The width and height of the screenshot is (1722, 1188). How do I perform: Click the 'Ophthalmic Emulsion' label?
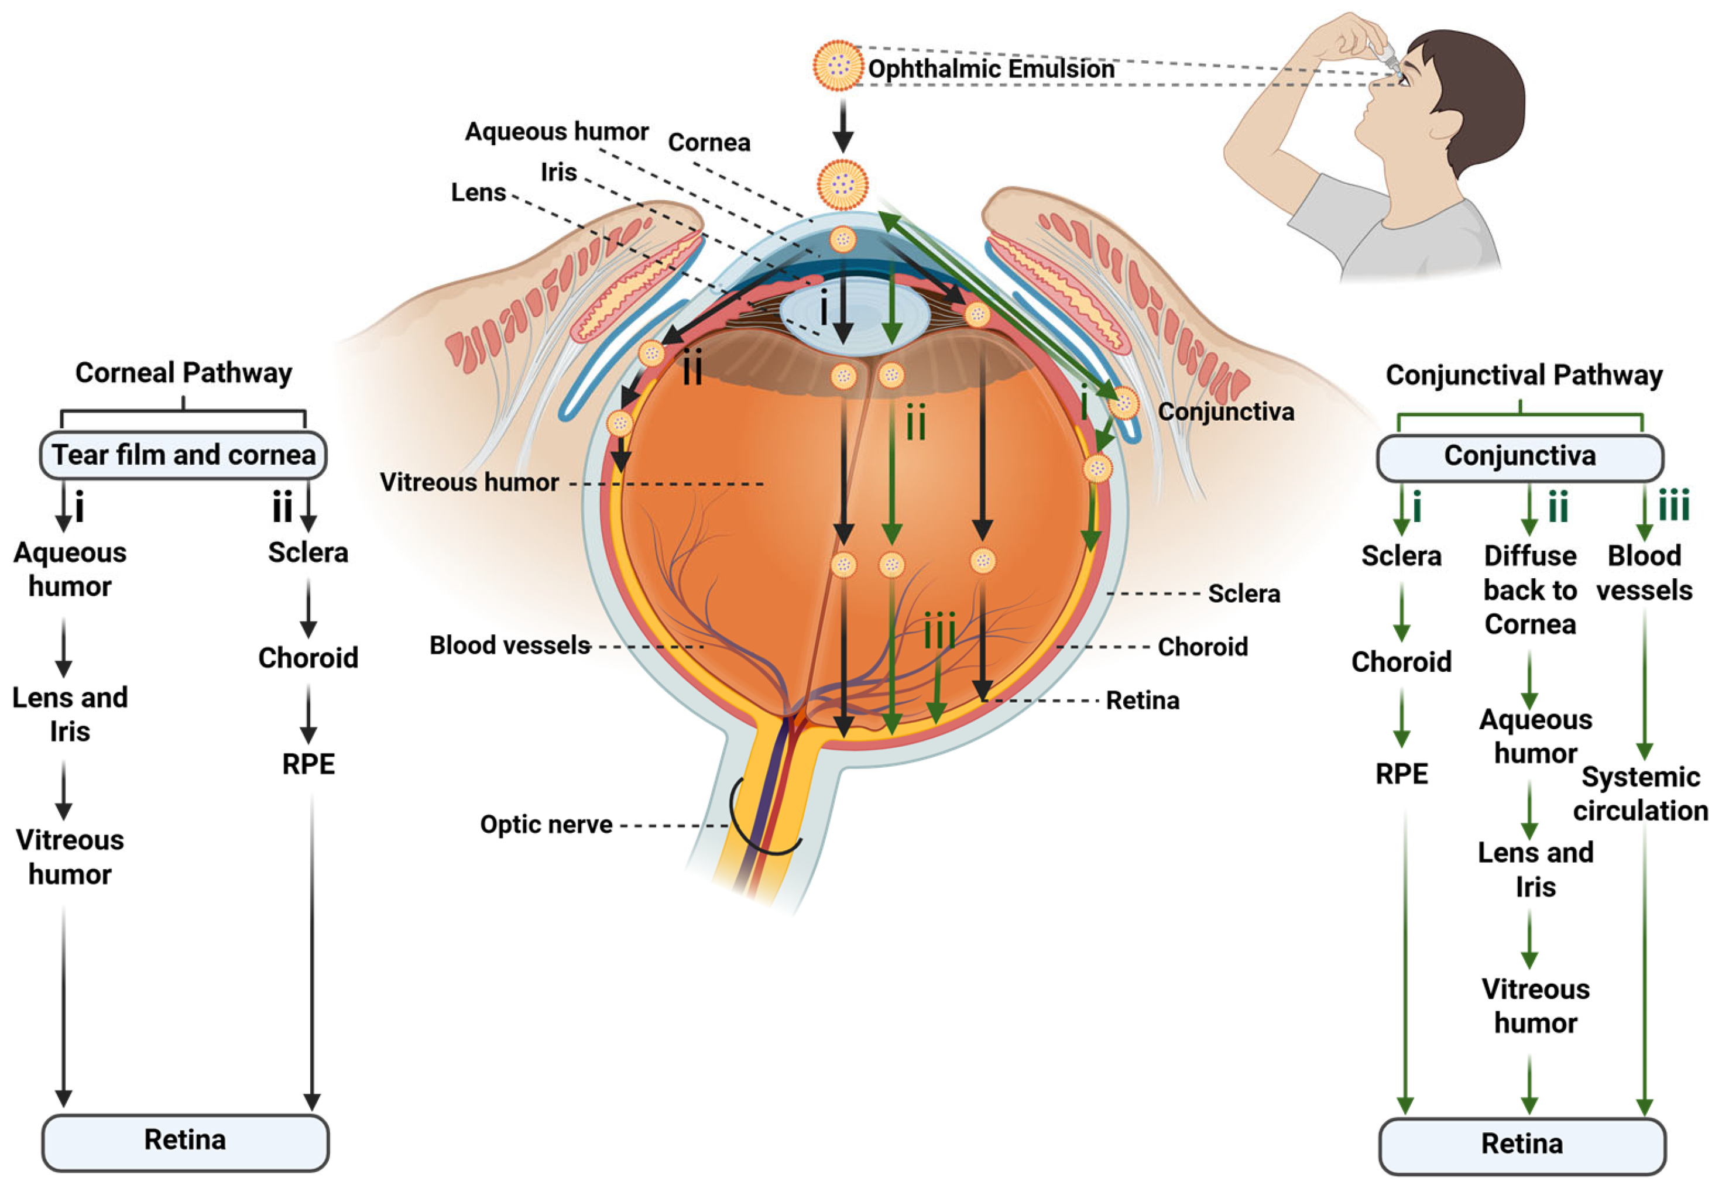coord(990,69)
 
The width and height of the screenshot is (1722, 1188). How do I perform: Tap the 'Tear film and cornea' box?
coord(183,455)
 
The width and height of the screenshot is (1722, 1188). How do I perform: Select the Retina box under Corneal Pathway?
coord(184,1141)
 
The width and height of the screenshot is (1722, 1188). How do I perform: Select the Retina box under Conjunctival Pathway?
coord(1522,1144)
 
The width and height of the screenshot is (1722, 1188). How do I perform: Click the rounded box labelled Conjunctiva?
coord(1519,456)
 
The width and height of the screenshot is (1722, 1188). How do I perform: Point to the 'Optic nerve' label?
coord(546,825)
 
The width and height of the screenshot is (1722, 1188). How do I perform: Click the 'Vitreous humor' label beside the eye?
coord(469,482)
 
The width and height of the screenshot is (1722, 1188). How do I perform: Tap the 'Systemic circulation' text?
coord(1640,794)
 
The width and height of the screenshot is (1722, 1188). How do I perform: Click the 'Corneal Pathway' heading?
coord(183,373)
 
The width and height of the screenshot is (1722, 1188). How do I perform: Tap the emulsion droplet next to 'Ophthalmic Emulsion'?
coord(838,66)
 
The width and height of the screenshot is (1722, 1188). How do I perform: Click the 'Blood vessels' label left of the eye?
coord(509,645)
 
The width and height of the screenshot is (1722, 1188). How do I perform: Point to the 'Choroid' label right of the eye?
coord(1202,647)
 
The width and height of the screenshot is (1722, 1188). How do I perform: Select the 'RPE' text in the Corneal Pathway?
coord(308,764)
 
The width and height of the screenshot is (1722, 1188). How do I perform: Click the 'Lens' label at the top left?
coord(478,193)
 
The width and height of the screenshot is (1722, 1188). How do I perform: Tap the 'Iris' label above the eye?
coord(558,173)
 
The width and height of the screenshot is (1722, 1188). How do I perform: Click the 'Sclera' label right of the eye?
coord(1243,594)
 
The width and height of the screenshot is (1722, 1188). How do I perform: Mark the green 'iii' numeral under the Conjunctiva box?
coord(1673,507)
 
